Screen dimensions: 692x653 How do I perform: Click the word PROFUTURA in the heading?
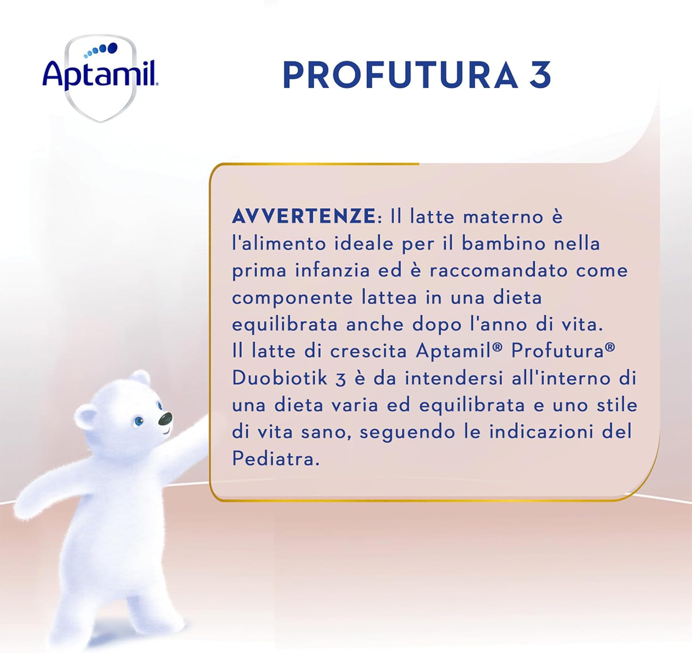[x=400, y=75]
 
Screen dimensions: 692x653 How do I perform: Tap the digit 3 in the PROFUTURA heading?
[x=540, y=75]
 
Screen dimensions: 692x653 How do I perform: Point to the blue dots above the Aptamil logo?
[x=101, y=50]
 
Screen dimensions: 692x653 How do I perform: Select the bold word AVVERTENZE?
[x=304, y=216]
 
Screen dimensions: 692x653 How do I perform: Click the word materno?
[x=503, y=217]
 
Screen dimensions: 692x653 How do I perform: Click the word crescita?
[x=368, y=351]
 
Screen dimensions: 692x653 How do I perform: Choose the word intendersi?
[x=454, y=378]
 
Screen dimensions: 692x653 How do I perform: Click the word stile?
[x=617, y=405]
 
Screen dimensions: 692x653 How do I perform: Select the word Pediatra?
[x=275, y=459]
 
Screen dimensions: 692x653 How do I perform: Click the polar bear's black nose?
[x=165, y=419]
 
